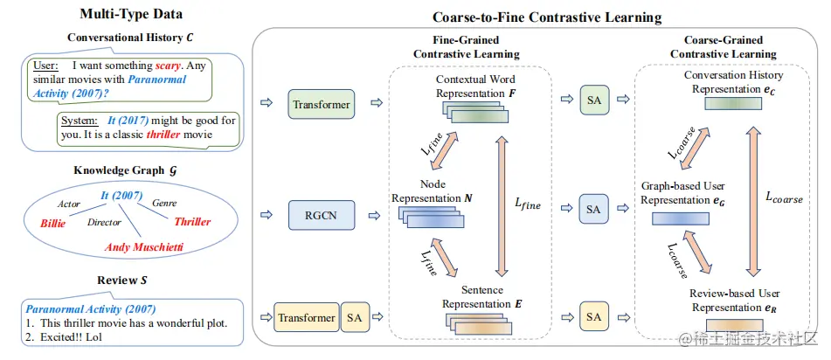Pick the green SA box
(x=594, y=100)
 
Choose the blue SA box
(x=594, y=209)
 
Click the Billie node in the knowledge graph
(x=52, y=224)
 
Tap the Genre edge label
(x=164, y=203)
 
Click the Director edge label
(x=104, y=223)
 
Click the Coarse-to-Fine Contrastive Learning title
(x=547, y=17)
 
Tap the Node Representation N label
(x=432, y=192)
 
